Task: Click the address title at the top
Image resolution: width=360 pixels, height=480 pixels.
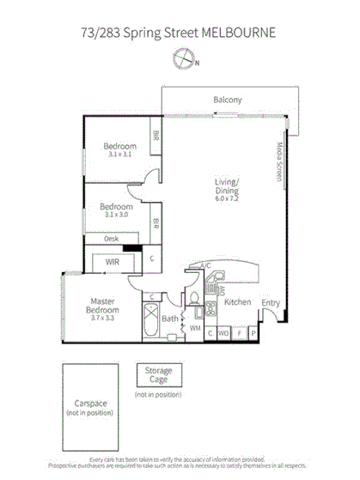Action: tap(180, 33)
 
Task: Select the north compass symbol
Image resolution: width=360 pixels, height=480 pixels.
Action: tap(182, 58)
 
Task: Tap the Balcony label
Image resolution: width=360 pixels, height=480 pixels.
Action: tap(228, 100)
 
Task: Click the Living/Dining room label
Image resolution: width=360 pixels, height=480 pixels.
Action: tap(228, 185)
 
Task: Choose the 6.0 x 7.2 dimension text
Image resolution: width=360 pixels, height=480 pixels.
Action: tap(228, 198)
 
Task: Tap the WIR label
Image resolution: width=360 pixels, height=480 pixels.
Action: tap(112, 262)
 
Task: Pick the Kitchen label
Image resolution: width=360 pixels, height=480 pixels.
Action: tap(237, 302)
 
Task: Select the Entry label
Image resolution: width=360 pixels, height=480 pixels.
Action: tap(271, 302)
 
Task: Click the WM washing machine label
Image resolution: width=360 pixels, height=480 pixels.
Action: tap(195, 327)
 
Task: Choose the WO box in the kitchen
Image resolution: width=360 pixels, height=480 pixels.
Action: tap(223, 331)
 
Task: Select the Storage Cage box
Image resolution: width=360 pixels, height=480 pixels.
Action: tap(158, 375)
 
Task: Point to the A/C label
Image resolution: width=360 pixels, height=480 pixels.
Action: tap(205, 266)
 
